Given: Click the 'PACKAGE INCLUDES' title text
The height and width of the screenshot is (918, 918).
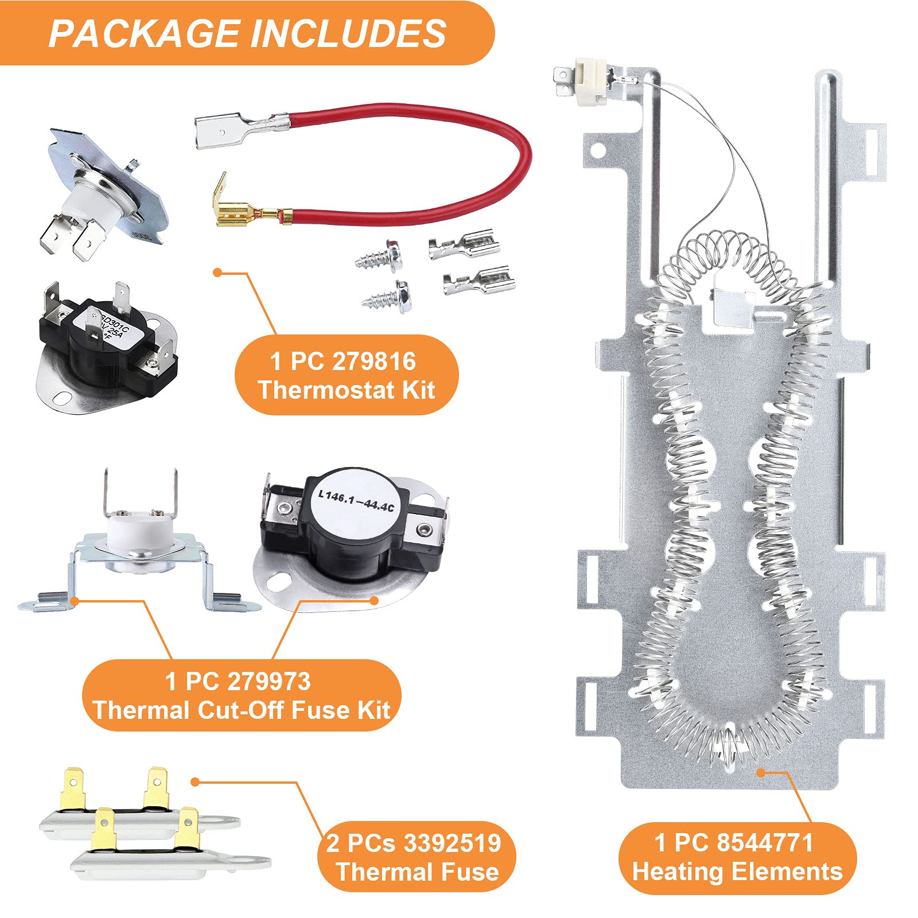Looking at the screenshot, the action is (x=247, y=33).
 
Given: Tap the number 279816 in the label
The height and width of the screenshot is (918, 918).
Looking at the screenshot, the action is (x=374, y=361).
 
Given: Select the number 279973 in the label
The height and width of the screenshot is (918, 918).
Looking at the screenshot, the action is (x=269, y=682).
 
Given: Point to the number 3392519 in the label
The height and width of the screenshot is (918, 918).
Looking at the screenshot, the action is (x=453, y=843).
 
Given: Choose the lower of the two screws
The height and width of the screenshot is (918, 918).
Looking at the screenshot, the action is (x=387, y=296).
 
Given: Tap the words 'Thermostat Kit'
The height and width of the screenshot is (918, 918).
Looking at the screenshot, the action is (x=347, y=390).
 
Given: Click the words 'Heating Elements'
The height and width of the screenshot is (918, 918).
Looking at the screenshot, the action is (x=737, y=872).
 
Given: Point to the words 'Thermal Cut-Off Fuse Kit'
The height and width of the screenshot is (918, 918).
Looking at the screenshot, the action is (x=242, y=710).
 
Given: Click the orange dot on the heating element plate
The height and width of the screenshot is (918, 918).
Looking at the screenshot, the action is (x=760, y=772).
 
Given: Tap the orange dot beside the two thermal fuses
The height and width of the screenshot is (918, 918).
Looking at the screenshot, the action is (x=195, y=782).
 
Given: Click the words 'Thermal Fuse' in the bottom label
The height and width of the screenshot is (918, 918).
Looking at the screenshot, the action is (x=418, y=872).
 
